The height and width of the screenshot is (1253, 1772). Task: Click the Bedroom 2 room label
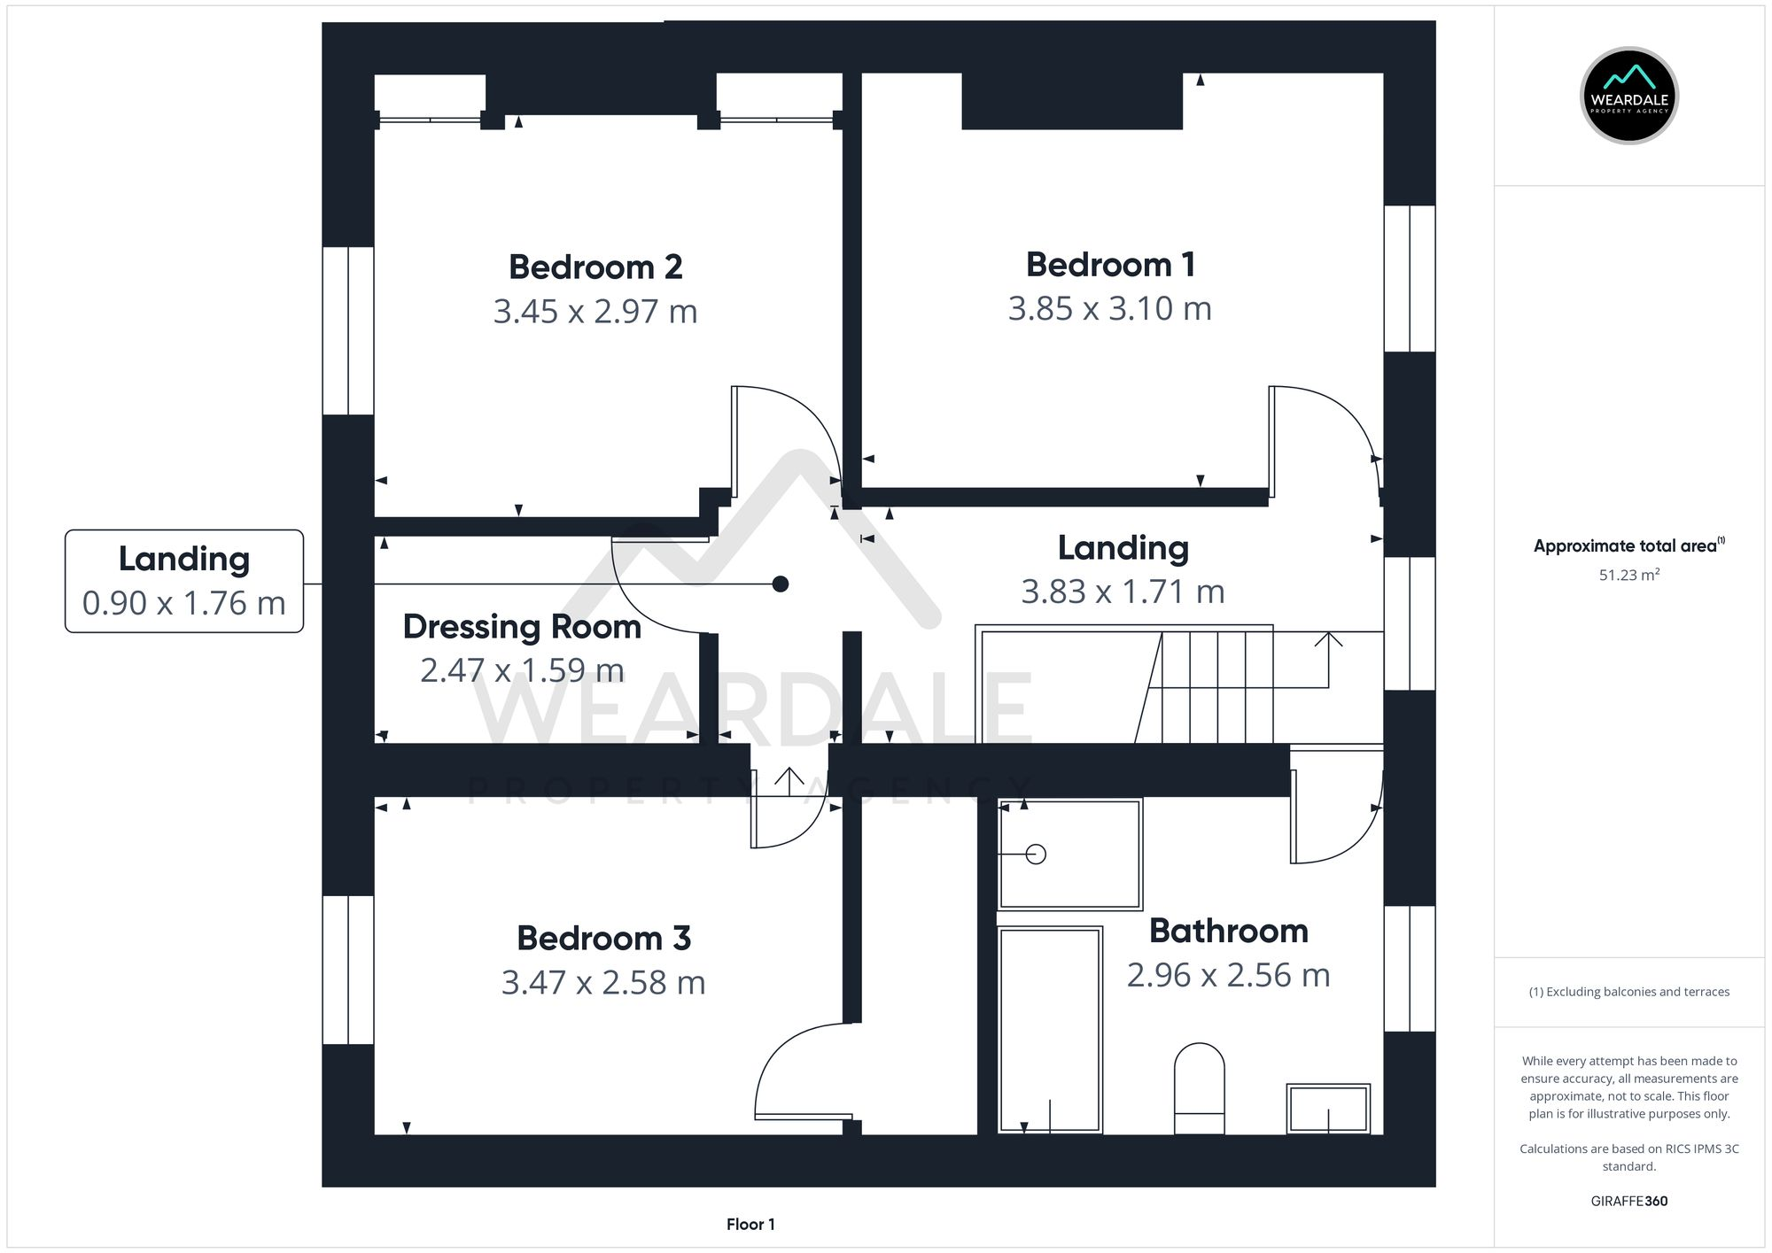[x=595, y=267]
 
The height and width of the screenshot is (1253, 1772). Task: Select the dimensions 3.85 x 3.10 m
[x=1109, y=308]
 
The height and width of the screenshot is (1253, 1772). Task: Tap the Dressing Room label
[x=522, y=626]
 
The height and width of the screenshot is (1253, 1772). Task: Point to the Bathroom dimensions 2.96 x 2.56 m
[x=1228, y=975]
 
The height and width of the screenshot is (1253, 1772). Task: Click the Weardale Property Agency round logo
[x=1628, y=96]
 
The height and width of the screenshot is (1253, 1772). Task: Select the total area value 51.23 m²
[x=1628, y=575]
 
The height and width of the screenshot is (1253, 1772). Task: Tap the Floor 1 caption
[x=750, y=1224]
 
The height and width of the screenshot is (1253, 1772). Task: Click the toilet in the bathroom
[x=1199, y=1087]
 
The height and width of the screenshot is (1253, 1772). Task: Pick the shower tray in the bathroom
[x=1069, y=855]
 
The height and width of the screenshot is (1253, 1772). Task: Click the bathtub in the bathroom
[x=1050, y=1029]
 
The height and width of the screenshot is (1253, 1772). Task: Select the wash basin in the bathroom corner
[x=1328, y=1108]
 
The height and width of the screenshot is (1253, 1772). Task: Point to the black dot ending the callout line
[x=780, y=584]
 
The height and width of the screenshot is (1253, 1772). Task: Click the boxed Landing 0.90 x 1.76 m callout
[x=184, y=581]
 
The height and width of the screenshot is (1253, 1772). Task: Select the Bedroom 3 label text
[x=603, y=938]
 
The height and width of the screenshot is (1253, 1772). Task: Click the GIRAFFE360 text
[x=1628, y=1201]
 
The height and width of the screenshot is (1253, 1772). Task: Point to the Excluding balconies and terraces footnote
[x=1628, y=992]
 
